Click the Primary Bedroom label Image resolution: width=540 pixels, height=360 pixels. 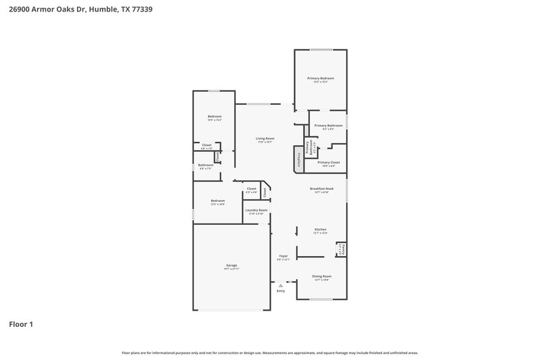321,78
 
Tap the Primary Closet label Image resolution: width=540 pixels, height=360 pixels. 329,162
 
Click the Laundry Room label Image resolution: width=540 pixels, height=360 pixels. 256,210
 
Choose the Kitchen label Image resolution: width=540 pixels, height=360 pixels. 321,230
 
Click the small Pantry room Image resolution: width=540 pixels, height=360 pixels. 342,249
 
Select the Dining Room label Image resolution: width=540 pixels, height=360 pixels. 321,276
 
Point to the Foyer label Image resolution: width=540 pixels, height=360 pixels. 283,257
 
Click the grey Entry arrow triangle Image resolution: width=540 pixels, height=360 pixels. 281,286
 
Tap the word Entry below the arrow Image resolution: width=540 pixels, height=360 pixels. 281,291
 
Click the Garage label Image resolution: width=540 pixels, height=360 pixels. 232,265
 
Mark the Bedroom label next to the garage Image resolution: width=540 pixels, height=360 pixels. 217,201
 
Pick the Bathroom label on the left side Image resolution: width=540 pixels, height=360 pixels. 206,165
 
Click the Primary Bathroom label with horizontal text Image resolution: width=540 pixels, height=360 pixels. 328,126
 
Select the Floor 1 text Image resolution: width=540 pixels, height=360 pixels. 21,324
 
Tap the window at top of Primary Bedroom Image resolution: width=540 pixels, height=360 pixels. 321,50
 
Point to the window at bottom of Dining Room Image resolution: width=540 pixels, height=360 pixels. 321,299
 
